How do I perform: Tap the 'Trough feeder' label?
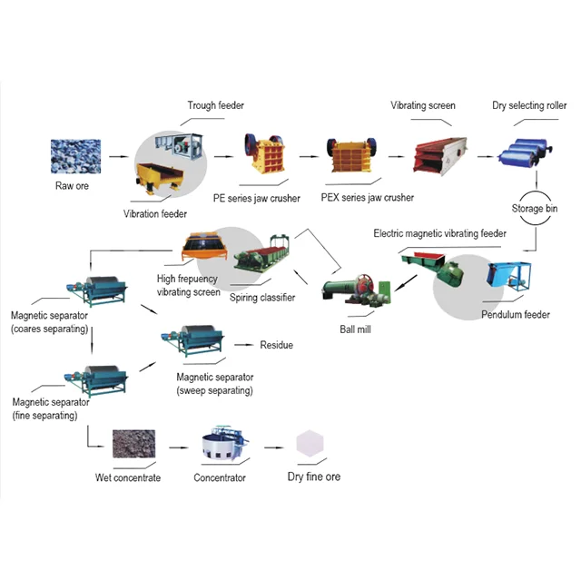215,106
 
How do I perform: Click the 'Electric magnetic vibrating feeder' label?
440,233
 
